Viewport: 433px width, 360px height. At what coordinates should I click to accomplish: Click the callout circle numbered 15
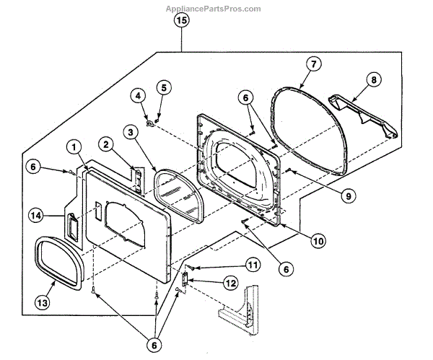pos(181,21)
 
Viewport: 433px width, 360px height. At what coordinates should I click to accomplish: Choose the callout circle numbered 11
pos(232,265)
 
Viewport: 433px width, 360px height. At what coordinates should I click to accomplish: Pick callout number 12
pos(230,284)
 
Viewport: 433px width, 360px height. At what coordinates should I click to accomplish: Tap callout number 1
pos(74,146)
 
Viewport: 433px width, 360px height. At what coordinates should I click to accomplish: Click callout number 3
pos(129,132)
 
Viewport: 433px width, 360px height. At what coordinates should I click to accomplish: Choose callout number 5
pos(163,87)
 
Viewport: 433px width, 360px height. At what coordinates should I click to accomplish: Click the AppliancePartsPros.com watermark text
pos(214,9)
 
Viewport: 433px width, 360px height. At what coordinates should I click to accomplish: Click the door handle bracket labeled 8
pos(361,116)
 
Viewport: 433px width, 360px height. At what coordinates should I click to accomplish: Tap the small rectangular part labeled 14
pos(72,226)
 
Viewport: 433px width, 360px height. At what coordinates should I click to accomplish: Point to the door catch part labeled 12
pos(186,278)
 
